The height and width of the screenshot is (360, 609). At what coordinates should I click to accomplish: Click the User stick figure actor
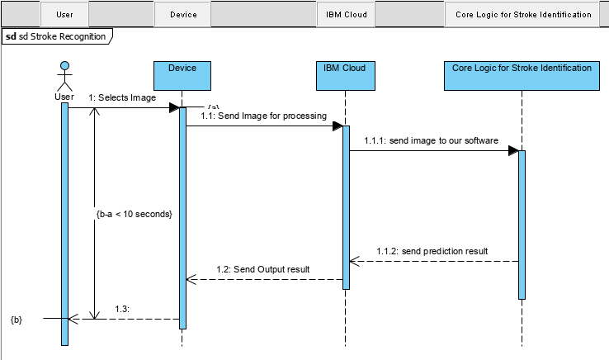[x=64, y=78]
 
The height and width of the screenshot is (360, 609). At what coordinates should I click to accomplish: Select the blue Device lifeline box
[x=182, y=74]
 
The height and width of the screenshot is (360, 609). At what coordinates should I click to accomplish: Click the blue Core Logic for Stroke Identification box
[x=522, y=74]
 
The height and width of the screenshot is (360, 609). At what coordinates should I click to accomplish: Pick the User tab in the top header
[x=64, y=14]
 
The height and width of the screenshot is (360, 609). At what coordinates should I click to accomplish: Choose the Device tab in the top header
[x=182, y=14]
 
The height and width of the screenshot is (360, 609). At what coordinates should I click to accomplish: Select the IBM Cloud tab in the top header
[x=346, y=14]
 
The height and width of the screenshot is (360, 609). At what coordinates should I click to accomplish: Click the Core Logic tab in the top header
[x=523, y=14]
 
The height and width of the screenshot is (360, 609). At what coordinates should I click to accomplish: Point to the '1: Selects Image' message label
[x=122, y=97]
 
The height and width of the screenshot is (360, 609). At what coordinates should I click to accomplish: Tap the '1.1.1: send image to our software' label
[x=431, y=140]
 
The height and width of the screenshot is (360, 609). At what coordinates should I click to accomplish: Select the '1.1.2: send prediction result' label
[x=432, y=250]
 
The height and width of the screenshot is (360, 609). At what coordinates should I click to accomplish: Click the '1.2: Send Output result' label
[x=263, y=269]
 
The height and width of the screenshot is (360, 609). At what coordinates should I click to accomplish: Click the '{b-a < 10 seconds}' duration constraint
[x=134, y=214]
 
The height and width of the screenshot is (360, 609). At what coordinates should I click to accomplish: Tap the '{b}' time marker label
[x=17, y=318]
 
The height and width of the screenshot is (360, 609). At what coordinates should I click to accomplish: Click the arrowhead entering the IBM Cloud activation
[x=338, y=126]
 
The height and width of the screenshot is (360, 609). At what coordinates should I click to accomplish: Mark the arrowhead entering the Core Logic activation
[x=513, y=150]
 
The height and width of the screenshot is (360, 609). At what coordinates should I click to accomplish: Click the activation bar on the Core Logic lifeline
[x=522, y=223]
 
